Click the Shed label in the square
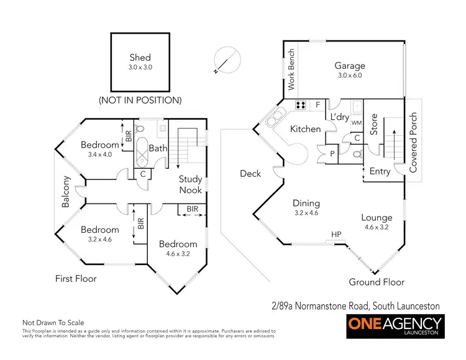click(140, 58)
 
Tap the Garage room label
click(350, 66)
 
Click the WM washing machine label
click(356, 122)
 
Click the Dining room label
click(306, 203)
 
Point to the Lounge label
click(377, 217)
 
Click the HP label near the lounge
click(336, 234)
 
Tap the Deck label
click(250, 174)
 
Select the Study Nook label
click(190, 184)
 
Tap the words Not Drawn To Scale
click(53, 323)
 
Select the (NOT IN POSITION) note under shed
click(140, 100)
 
